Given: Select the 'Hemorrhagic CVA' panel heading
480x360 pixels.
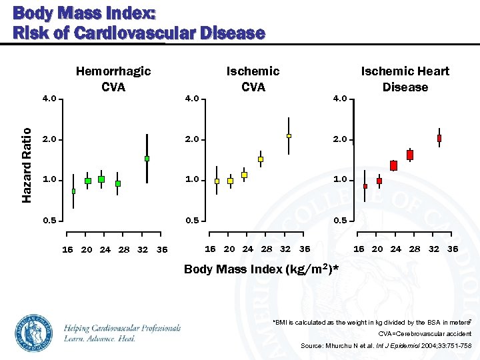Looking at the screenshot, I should [x=113, y=79].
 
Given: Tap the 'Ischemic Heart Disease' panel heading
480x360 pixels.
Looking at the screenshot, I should [x=405, y=79].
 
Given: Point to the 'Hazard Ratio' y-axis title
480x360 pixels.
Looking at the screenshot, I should [x=27, y=165].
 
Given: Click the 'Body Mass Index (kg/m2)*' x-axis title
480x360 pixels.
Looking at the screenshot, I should [x=261, y=269].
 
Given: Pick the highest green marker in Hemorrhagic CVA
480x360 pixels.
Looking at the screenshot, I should [x=147, y=159].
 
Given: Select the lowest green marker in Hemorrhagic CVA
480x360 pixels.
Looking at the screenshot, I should [x=73, y=191].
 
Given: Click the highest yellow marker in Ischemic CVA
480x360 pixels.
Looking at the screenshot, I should [x=289, y=136].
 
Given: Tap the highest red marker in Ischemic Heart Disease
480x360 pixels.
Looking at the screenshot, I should [x=439, y=138].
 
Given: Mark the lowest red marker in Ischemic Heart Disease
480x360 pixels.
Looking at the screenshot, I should [x=365, y=186].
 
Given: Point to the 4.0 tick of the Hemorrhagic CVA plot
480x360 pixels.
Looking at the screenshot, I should [x=49, y=100].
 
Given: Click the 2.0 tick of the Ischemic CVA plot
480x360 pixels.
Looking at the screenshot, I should [x=192, y=140].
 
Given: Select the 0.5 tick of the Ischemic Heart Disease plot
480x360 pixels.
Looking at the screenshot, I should [x=340, y=220].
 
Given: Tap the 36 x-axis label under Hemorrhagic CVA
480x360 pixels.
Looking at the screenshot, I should [x=162, y=250].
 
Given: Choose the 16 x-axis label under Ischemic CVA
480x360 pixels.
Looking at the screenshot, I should [x=211, y=248].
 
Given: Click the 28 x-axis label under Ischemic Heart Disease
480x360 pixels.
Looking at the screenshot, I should [x=415, y=249].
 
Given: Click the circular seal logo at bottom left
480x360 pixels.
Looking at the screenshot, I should [x=33, y=332].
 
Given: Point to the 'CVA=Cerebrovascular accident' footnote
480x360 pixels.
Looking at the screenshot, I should [x=425, y=333].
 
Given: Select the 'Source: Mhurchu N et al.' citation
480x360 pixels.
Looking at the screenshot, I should [x=386, y=346].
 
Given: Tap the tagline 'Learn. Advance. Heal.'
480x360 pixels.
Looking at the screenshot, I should [x=100, y=339].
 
